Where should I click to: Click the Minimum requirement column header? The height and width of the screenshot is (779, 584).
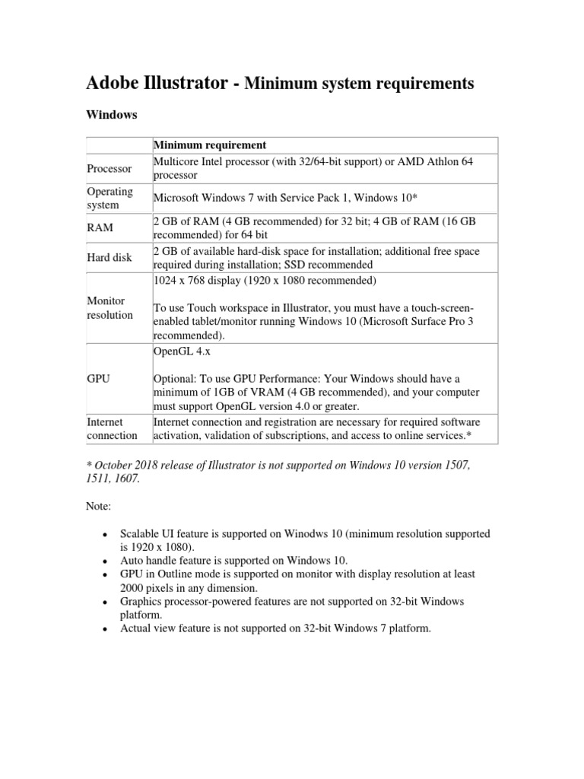pyautogui.click(x=209, y=145)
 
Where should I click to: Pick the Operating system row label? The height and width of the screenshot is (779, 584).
pyautogui.click(x=109, y=198)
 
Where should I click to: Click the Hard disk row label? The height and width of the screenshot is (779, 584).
pyautogui.click(x=109, y=257)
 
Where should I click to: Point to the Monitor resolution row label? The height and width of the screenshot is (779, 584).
pyautogui.click(x=110, y=308)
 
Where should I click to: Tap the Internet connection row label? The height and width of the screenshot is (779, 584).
pyautogui.click(x=112, y=428)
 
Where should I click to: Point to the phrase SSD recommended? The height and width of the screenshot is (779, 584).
pyautogui.click(x=329, y=265)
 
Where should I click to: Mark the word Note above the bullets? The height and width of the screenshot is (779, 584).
pyautogui.click(x=96, y=504)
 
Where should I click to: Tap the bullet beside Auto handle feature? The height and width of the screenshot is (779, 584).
pyautogui.click(x=103, y=560)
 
